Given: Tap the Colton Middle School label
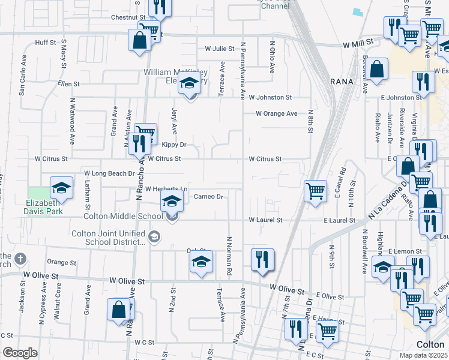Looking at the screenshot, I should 123,217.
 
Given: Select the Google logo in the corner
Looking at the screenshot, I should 20,353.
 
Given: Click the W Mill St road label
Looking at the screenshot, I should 358,43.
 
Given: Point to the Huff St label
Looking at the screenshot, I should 46,43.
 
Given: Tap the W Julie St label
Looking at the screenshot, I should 219,49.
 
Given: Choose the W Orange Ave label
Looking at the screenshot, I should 276,113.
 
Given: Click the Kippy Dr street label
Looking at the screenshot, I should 174,145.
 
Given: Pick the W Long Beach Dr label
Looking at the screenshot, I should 109,173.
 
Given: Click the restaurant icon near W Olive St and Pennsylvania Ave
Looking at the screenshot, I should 262,259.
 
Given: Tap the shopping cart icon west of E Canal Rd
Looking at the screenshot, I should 315,191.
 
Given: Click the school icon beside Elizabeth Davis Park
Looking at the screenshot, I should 61,188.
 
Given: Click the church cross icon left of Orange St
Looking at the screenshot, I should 20,259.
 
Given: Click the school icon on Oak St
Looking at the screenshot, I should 201,262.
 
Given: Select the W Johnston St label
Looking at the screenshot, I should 270,97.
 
